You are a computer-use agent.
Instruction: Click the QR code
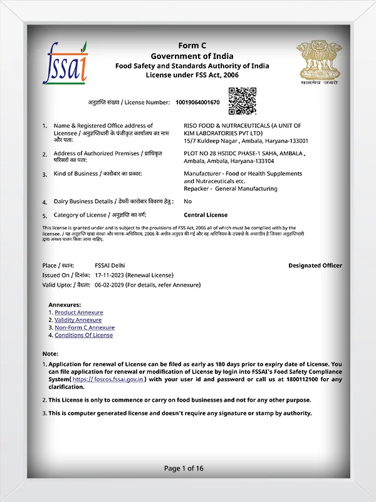click(242, 101)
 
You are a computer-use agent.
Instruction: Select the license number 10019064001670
click(198, 102)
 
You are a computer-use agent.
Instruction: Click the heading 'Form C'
click(192, 46)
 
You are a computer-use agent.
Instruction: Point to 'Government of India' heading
click(192, 56)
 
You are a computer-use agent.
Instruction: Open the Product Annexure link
click(79, 312)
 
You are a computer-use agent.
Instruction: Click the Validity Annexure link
click(78, 320)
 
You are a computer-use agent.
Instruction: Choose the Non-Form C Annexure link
click(85, 328)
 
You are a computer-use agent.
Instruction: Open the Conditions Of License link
click(84, 335)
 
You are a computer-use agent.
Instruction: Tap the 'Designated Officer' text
click(315, 265)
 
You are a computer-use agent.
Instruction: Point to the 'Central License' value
click(206, 215)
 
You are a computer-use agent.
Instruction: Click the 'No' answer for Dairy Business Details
click(188, 201)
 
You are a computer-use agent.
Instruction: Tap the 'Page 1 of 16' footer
click(184, 468)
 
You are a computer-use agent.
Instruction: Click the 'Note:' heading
click(50, 354)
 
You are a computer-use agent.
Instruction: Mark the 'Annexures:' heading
click(65, 304)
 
